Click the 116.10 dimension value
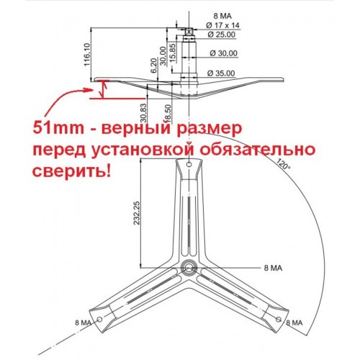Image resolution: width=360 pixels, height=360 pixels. [87, 55]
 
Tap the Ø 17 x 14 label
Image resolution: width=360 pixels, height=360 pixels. [222, 25]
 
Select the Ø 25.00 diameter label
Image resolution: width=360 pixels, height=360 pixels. [221, 35]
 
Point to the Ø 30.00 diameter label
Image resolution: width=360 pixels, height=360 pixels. [223, 53]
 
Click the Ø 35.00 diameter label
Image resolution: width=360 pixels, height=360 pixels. [221, 73]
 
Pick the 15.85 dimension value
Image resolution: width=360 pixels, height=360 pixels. [173, 53]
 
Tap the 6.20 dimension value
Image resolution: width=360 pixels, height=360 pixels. [153, 65]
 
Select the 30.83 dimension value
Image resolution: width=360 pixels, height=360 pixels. [143, 112]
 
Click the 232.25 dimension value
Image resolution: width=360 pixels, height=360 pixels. [137, 212]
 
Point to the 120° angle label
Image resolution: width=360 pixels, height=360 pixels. [283, 164]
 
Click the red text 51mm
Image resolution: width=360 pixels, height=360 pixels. [58, 128]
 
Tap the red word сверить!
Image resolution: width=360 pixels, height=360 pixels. [72, 171]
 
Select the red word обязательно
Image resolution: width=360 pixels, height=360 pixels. [257, 150]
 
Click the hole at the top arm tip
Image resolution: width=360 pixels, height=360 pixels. [189, 164]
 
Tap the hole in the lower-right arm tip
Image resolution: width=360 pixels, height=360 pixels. [279, 319]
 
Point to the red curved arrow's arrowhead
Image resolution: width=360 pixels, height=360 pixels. [89, 90]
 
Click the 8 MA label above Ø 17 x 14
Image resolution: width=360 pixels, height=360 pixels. [222, 16]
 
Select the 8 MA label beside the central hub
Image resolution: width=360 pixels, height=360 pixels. [273, 268]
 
